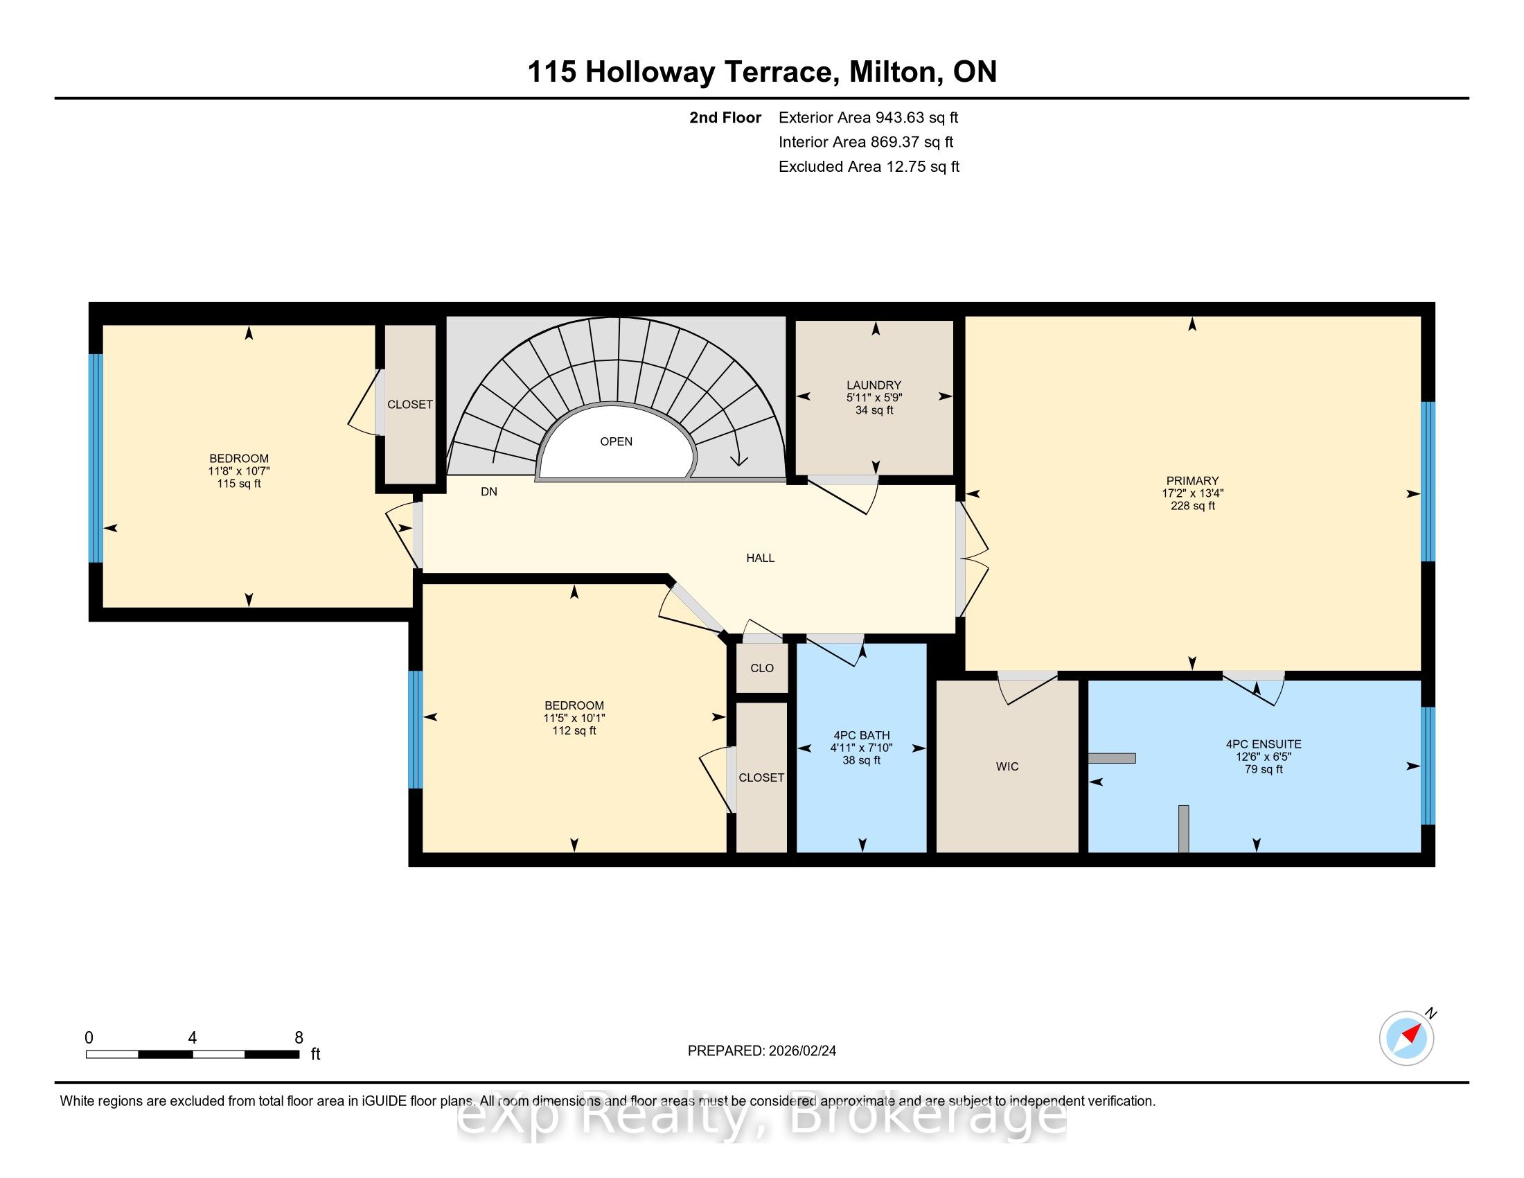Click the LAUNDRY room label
874,385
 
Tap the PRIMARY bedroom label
1193,480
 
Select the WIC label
1007,766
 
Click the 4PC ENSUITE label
1264,744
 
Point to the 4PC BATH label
861,735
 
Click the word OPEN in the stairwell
616,441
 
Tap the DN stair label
489,491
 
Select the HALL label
761,558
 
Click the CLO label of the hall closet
762,668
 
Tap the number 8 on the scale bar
299,1037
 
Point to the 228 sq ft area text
1193,505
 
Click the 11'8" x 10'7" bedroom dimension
239,471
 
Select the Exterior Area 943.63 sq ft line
869,117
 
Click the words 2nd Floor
725,117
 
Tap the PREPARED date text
762,1050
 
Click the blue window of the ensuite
1428,766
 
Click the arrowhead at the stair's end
738,459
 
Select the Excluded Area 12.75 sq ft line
869,166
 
